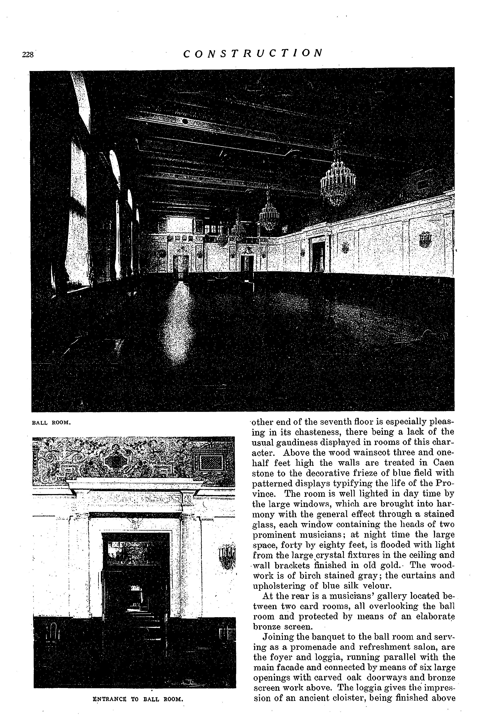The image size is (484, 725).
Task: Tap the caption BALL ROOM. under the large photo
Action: (x=51, y=422)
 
